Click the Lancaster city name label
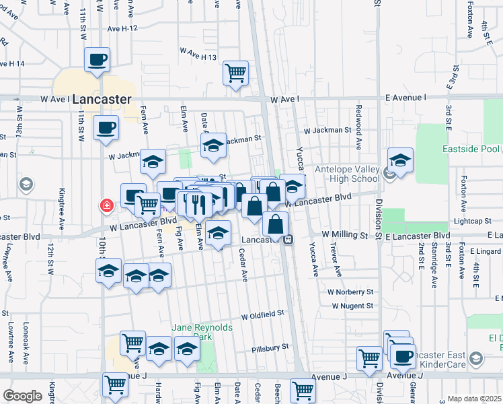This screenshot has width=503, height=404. tap(102, 99)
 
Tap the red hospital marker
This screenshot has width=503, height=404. tap(106, 205)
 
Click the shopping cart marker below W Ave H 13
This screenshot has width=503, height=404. tap(235, 72)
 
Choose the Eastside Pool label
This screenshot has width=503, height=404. tap(471, 149)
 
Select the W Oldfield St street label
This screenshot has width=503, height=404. tap(263, 314)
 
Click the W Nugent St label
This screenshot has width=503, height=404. tap(352, 306)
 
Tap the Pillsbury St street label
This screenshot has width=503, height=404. tap(270, 347)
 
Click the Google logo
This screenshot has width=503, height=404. tap(22, 396)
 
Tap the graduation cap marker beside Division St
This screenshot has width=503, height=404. tap(400, 160)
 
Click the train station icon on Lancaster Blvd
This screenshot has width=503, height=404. tap(287, 239)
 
